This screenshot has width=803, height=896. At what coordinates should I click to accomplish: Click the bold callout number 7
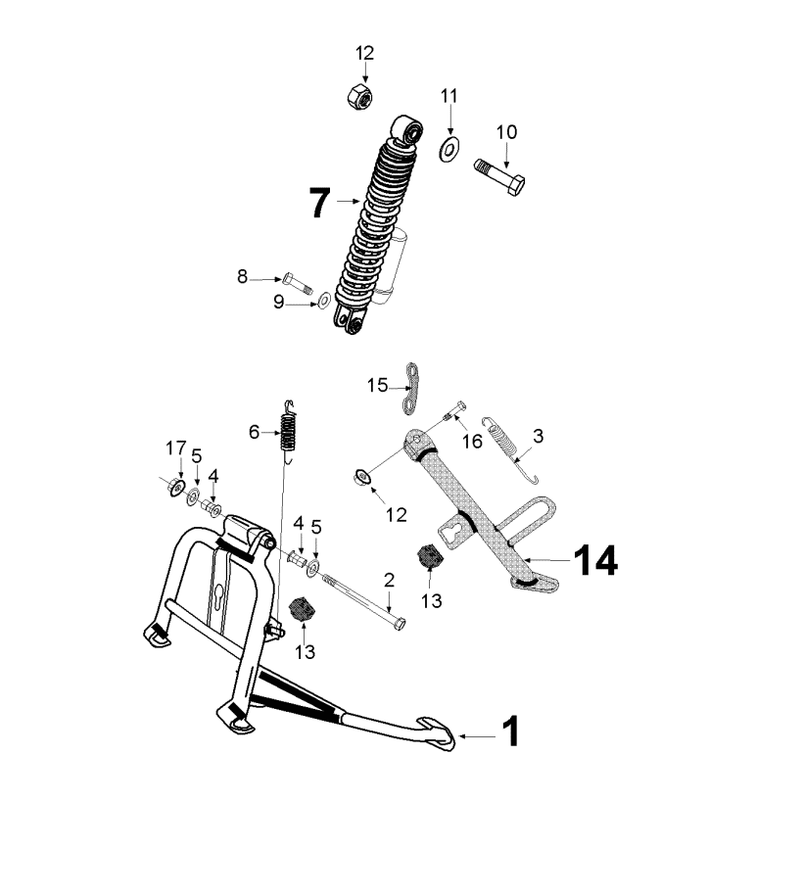click(x=320, y=203)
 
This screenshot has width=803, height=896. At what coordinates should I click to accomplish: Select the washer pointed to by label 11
click(x=450, y=149)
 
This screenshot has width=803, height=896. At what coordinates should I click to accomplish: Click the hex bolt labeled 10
click(x=499, y=177)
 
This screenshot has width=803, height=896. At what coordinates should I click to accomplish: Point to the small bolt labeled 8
click(x=298, y=283)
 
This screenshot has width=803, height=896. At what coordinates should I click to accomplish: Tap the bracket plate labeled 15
click(x=411, y=388)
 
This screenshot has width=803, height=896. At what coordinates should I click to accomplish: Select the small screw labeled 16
click(x=455, y=411)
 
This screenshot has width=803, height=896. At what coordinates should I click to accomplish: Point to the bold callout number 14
click(x=595, y=560)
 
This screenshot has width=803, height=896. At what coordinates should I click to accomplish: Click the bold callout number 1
click(x=510, y=731)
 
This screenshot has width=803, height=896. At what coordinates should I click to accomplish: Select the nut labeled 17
click(x=175, y=487)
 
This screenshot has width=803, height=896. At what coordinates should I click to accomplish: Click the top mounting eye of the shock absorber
click(x=408, y=128)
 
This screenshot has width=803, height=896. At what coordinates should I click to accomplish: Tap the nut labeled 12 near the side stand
click(x=362, y=477)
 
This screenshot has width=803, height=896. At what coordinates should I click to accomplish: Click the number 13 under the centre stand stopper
click(x=305, y=651)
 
